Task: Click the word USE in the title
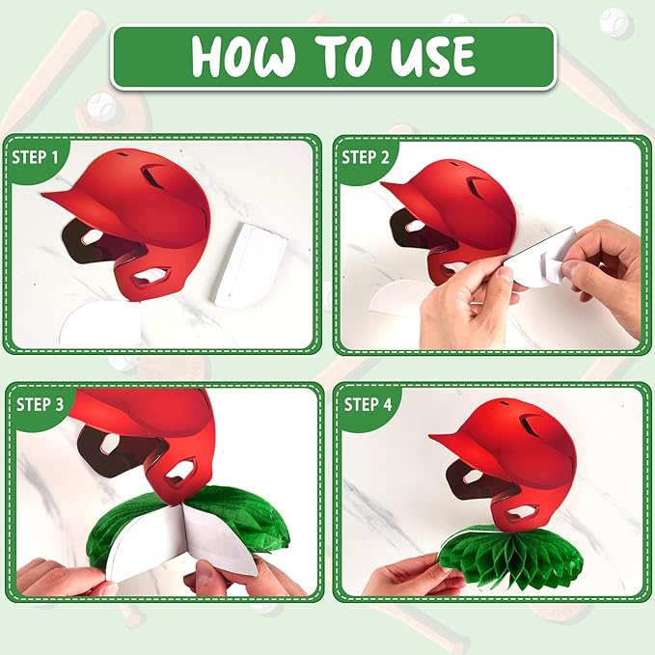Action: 432,56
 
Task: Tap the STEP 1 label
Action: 35,157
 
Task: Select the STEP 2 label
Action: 365,157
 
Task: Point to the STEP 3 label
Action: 41,404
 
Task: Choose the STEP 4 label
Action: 368,404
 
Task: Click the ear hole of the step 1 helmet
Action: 151,277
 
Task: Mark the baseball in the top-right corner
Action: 614,22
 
